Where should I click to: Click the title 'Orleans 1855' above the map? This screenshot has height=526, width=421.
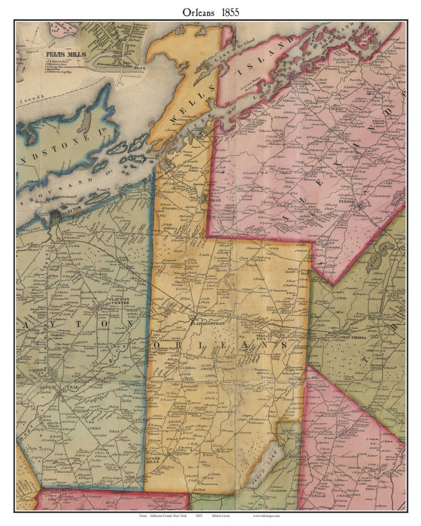(x=210, y=12)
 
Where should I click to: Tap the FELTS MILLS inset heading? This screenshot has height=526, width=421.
(x=65, y=55)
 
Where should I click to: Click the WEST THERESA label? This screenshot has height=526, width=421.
(x=353, y=337)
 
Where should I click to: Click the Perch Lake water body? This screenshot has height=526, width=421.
(x=263, y=464)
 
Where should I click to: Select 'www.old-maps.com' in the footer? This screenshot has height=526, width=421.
(x=266, y=515)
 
